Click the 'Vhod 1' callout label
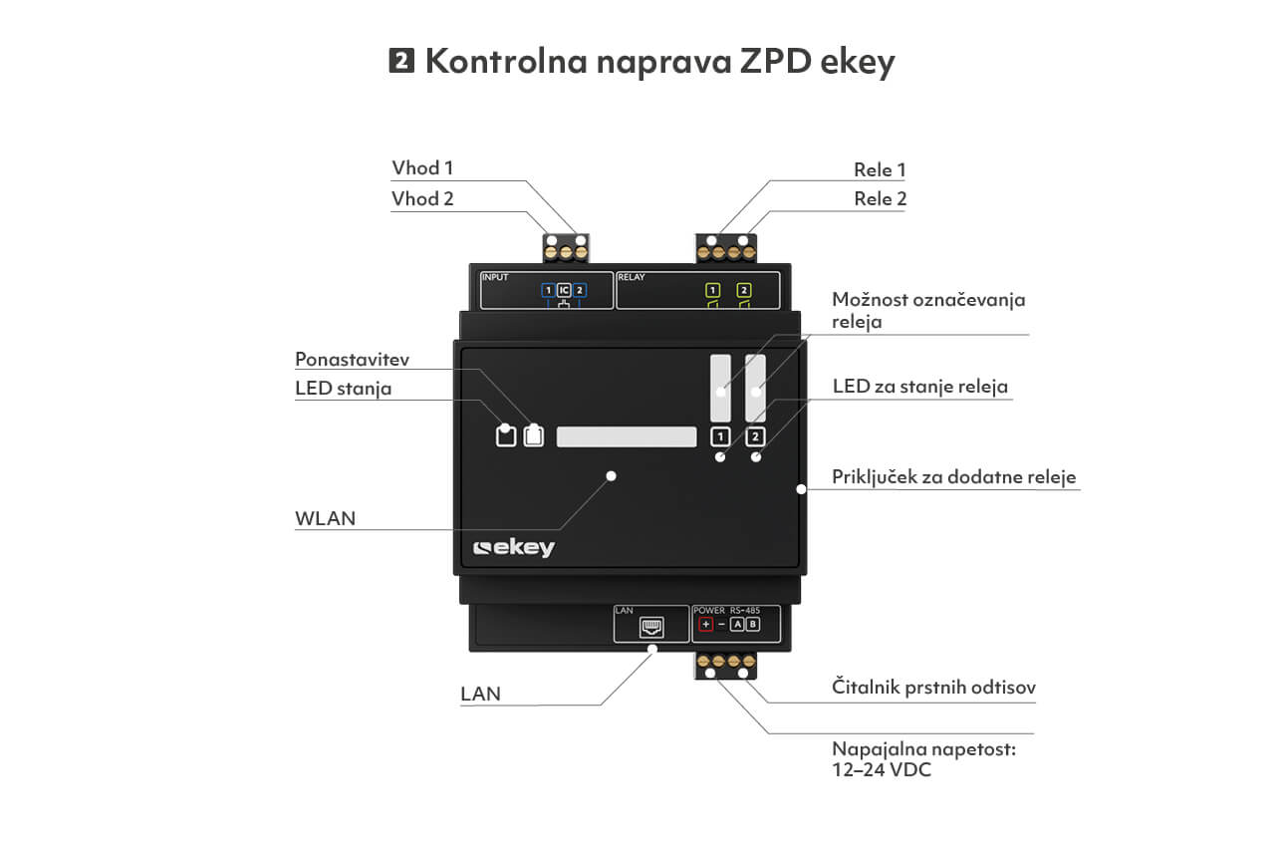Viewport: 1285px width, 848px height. click(x=422, y=168)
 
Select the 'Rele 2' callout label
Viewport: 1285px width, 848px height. click(x=880, y=198)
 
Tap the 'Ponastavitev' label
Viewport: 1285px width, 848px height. click(x=353, y=359)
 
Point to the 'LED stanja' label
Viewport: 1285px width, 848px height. click(x=343, y=389)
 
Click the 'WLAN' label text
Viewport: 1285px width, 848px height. click(x=326, y=519)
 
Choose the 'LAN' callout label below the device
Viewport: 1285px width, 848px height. click(x=480, y=694)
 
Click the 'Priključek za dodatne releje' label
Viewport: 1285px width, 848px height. click(x=953, y=477)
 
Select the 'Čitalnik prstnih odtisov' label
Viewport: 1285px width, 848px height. click(x=933, y=687)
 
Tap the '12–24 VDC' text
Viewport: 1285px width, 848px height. click(x=882, y=770)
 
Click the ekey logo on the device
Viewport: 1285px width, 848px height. click(x=513, y=548)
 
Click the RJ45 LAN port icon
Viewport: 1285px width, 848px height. click(x=651, y=627)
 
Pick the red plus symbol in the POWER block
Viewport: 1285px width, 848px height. click(x=705, y=624)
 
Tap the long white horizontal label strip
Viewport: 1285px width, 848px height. click(x=627, y=436)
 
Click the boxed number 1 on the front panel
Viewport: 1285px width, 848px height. click(x=720, y=437)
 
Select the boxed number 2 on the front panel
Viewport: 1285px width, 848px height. click(x=755, y=437)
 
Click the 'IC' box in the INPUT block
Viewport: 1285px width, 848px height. click(x=564, y=290)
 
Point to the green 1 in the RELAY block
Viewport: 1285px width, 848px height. click(x=712, y=290)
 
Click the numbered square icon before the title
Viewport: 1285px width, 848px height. click(x=401, y=60)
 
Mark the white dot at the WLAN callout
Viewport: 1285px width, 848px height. click(x=611, y=476)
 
